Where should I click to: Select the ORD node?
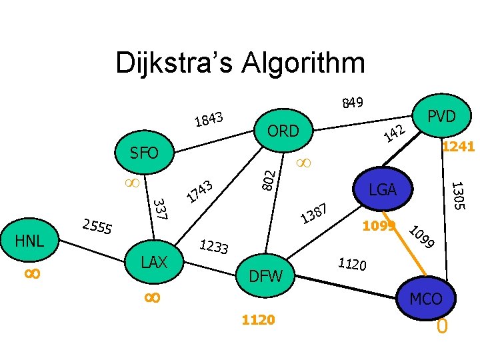[x=283, y=131]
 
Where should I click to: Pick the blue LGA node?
[x=383, y=189]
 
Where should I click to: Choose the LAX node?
[x=154, y=261]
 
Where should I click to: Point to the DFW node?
[x=265, y=275]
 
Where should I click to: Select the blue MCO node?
[x=425, y=299]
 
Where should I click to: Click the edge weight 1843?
[x=208, y=119]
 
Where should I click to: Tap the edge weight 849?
[x=352, y=102]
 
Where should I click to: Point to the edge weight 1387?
[x=313, y=213]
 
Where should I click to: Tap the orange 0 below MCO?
[x=441, y=327]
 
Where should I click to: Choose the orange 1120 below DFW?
[x=258, y=320]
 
